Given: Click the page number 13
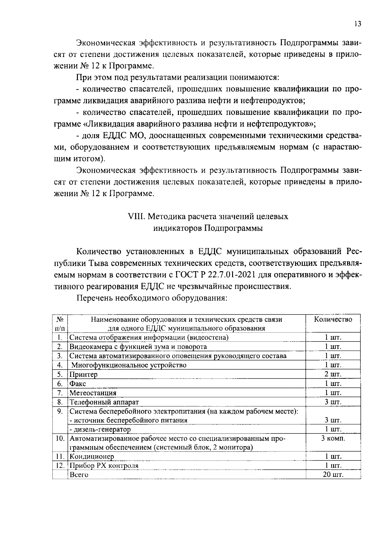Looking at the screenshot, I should (x=358, y=24).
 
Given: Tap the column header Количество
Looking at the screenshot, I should (x=333, y=319).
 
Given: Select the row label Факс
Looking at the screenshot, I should (x=78, y=384).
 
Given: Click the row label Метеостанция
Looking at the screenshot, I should (x=93, y=393).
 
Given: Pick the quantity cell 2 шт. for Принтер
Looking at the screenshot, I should (x=333, y=374).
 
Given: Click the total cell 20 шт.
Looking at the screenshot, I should (x=333, y=475).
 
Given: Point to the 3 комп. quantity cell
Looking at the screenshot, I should (x=333, y=439).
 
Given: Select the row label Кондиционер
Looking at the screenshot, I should (x=92, y=457).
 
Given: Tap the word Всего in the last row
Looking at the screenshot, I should (x=79, y=475).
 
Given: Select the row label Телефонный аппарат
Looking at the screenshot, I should (x=104, y=402).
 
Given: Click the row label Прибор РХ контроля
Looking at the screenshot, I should (x=104, y=466).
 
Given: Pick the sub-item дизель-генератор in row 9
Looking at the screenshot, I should (x=100, y=429).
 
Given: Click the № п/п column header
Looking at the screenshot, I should (x=60, y=323).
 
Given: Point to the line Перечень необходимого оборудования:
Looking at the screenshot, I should (x=152, y=298).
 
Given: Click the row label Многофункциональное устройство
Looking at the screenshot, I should (x=129, y=365).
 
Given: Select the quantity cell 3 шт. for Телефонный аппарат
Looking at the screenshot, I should (x=333, y=402).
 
